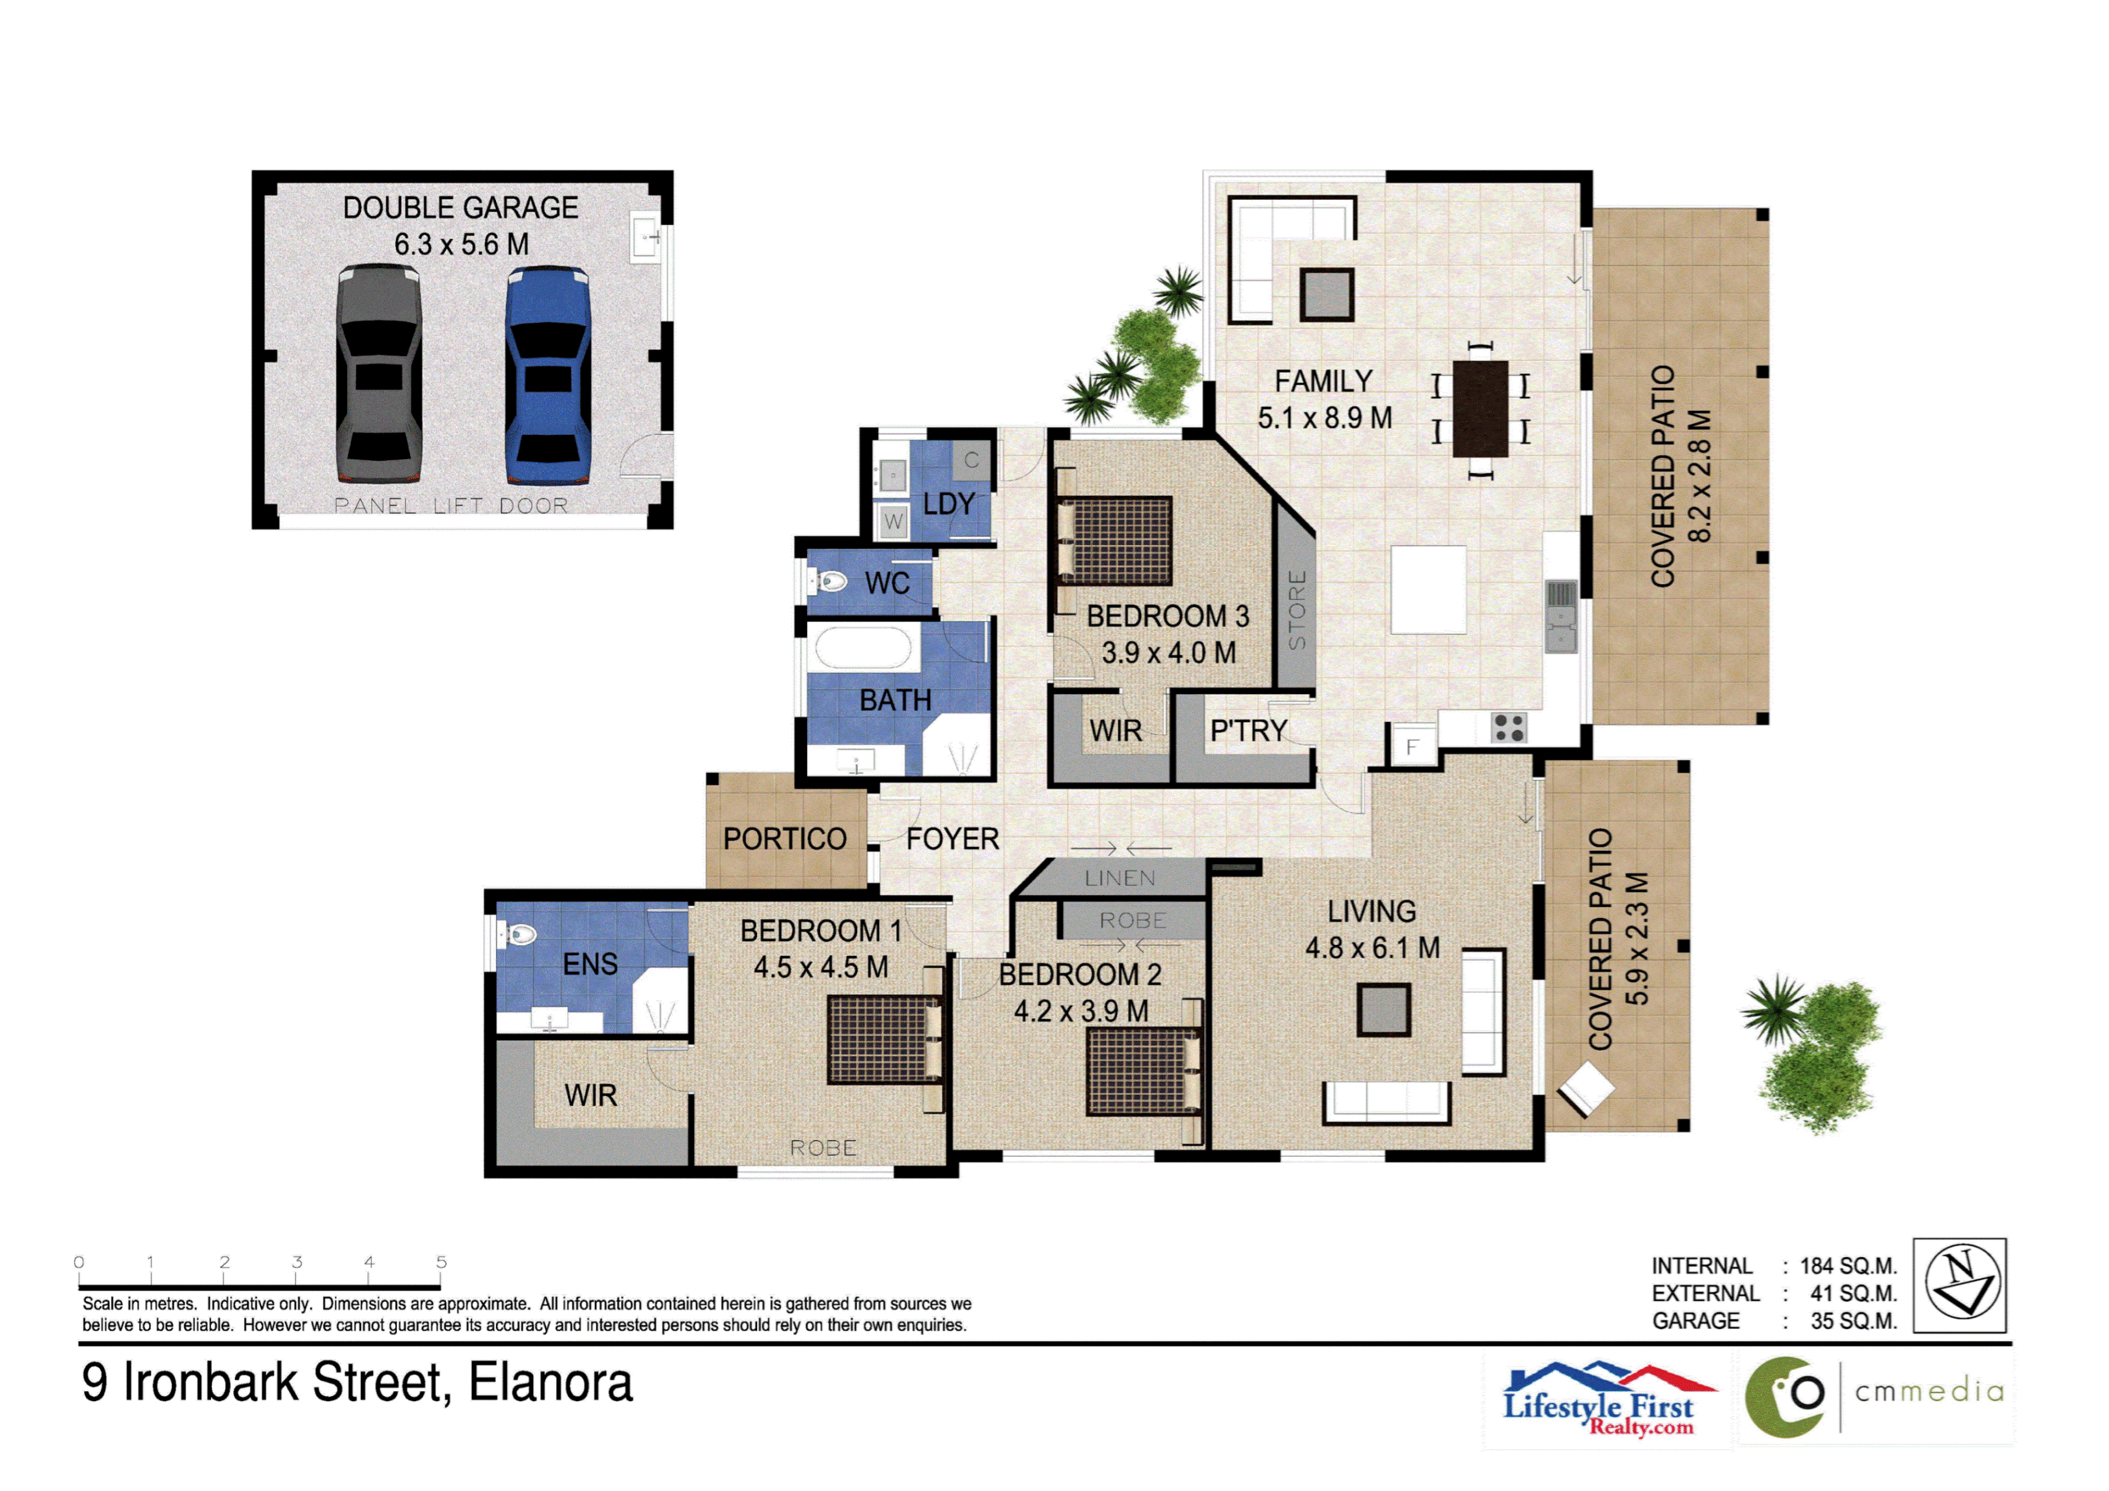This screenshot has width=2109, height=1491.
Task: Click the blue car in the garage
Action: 547,375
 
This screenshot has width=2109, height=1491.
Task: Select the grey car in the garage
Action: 378,375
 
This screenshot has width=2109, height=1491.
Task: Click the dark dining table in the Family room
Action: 1480,409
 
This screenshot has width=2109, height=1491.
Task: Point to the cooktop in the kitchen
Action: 1508,727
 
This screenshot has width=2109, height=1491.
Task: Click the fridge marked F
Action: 1413,747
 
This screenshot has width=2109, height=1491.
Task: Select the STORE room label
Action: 1296,609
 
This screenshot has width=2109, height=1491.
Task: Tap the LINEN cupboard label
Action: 1120,878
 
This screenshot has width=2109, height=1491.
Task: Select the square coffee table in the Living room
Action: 1383,1010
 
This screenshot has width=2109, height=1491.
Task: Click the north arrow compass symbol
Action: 1959,1285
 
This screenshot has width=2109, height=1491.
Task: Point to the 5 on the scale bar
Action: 441,1262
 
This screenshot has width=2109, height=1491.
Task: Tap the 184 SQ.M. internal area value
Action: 1847,1266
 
